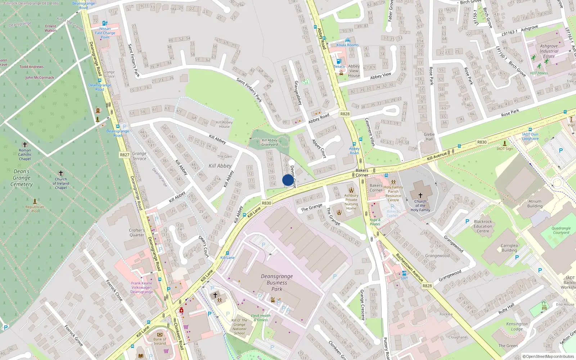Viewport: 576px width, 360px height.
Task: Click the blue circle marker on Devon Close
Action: (x=288, y=180)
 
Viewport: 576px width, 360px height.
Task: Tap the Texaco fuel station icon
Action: (x=338, y=61)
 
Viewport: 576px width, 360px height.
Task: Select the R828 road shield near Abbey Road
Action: (x=345, y=114)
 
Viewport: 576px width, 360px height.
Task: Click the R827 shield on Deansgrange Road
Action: (x=124, y=155)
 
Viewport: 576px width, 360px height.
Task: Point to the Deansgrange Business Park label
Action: (x=276, y=283)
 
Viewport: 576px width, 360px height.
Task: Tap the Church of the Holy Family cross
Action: (x=420, y=195)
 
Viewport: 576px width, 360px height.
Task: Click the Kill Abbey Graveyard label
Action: (x=270, y=142)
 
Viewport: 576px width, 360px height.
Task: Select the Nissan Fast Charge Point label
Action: (x=105, y=33)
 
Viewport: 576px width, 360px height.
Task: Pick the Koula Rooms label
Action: (x=347, y=45)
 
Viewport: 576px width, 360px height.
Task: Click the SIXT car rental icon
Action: (x=404, y=273)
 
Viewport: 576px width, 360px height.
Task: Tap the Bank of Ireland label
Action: (x=160, y=341)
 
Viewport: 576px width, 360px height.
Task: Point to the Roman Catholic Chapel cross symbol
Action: (x=25, y=144)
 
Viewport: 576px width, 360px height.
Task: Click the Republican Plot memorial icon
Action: (x=35, y=201)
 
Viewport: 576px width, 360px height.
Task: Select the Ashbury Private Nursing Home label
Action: (x=351, y=202)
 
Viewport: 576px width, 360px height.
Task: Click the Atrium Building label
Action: (x=535, y=204)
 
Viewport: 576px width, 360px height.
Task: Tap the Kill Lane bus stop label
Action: (x=227, y=257)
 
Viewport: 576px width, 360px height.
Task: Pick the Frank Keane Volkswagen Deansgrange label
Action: (x=141, y=287)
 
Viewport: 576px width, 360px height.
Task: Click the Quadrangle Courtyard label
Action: (x=561, y=230)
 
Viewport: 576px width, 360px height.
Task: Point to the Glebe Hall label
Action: (x=429, y=136)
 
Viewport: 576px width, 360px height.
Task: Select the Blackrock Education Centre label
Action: (x=483, y=226)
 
